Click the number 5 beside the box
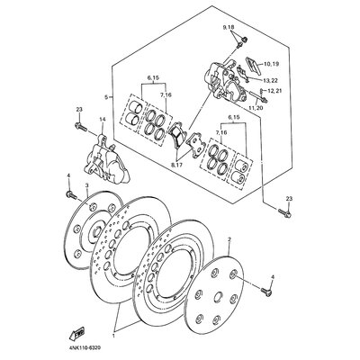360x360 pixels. [106, 96]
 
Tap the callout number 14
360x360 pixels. [103, 120]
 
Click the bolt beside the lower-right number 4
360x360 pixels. [267, 290]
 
